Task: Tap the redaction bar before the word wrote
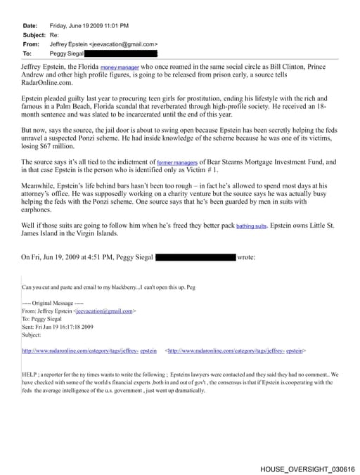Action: click(195, 257)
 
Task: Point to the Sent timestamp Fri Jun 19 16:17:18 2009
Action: click(68, 327)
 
